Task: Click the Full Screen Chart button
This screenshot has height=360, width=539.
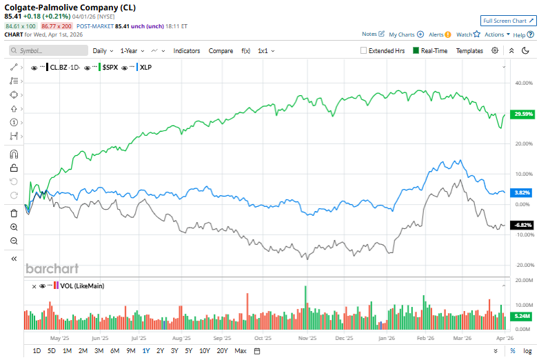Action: tap(508, 21)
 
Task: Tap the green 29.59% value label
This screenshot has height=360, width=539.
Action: tap(520, 114)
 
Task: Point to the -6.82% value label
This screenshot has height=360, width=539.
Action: tap(520, 225)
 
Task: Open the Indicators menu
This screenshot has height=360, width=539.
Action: tap(187, 50)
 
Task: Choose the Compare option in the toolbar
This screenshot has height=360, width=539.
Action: tap(221, 50)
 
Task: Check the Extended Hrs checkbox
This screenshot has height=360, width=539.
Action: tap(364, 50)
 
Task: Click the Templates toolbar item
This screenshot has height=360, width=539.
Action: tap(469, 50)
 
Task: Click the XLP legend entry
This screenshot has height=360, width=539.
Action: tap(145, 68)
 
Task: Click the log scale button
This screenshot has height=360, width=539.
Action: tap(527, 351)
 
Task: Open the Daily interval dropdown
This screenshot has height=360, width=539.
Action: tap(103, 50)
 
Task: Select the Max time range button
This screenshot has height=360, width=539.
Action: tap(241, 351)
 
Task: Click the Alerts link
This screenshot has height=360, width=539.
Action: tap(439, 34)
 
